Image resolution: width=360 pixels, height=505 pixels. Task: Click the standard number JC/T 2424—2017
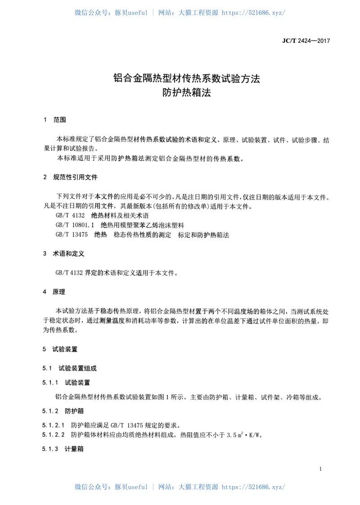[x=306, y=41]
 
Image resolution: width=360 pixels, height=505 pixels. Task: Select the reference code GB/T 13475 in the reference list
[x=72, y=234]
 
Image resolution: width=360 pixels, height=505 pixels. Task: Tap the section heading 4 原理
[x=54, y=292]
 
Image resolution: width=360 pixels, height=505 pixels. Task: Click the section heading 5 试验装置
[x=61, y=349]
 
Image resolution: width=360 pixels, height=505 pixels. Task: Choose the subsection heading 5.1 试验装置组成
[x=70, y=368]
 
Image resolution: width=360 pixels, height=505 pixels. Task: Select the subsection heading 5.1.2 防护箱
[x=63, y=411]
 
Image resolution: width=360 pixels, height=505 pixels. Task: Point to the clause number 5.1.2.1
[x=54, y=425]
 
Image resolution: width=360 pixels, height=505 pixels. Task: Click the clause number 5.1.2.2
[x=54, y=435]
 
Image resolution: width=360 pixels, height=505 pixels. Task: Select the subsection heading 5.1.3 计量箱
[x=63, y=449]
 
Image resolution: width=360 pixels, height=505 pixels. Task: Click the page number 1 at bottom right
[x=320, y=469]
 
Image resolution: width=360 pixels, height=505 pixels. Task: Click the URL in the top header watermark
[x=254, y=13]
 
